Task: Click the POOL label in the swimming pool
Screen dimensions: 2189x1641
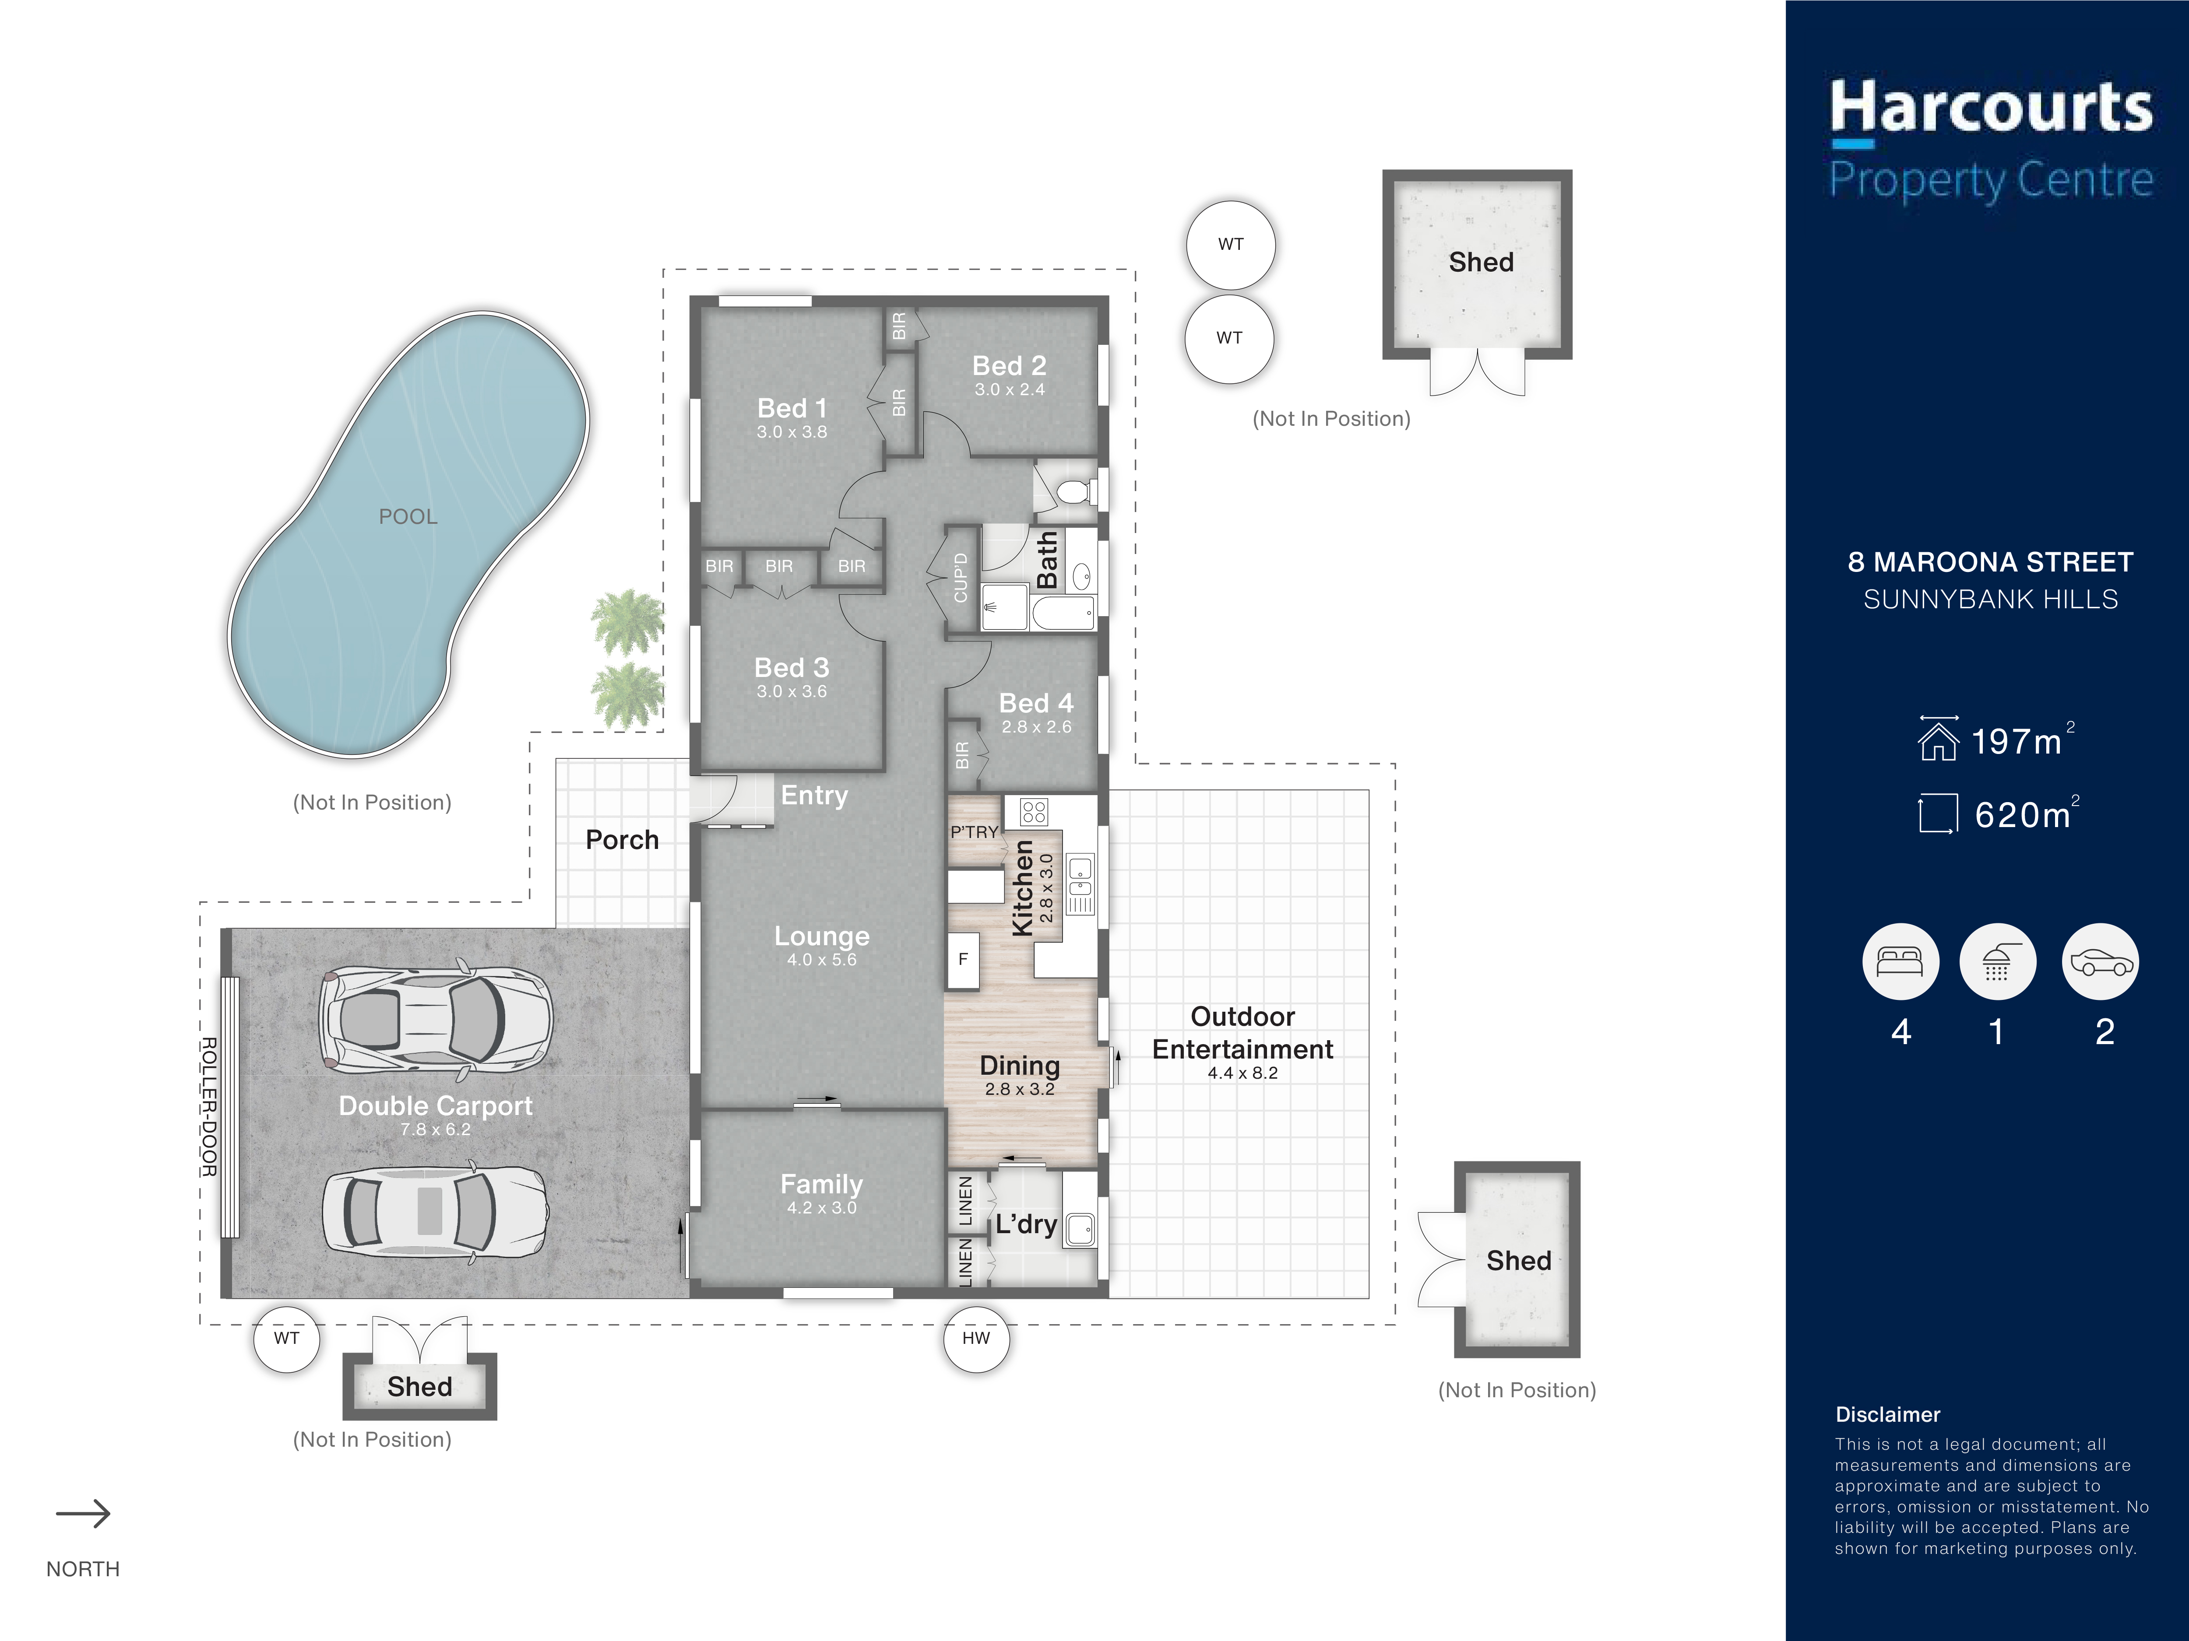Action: pos(408,516)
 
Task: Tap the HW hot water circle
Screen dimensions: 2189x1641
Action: pos(976,1338)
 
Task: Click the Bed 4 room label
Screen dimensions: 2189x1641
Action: pos(1036,703)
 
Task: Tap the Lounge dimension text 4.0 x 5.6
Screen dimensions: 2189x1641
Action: pos(821,960)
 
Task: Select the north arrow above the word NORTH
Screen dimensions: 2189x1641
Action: pos(83,1513)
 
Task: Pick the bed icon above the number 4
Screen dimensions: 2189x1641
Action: pos(1900,961)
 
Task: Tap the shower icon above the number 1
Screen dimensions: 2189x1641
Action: pos(1997,961)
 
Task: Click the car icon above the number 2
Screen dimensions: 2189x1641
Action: pos(2100,961)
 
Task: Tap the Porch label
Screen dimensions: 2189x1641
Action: pos(622,840)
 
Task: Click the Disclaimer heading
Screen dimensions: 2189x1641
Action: pos(1887,1414)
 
